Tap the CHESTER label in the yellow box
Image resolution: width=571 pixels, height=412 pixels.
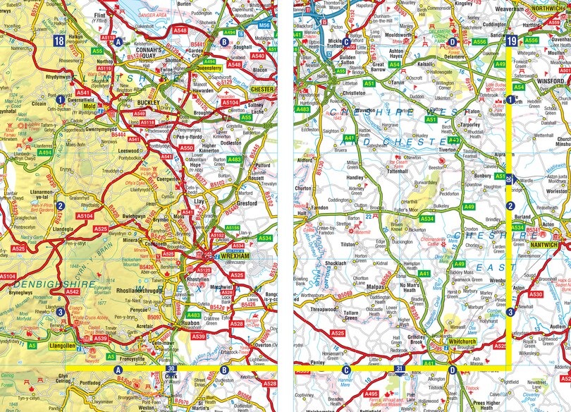(262, 90)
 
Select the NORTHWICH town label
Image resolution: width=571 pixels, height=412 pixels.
(549, 8)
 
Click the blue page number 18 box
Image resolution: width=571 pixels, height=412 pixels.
(59, 42)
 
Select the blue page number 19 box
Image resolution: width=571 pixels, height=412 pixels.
(511, 42)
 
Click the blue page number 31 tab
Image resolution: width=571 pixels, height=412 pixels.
(399, 369)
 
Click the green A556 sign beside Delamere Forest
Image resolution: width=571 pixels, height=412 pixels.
(480, 42)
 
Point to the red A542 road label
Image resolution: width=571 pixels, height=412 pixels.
(72, 291)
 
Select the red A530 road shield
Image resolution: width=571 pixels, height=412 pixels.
(536, 293)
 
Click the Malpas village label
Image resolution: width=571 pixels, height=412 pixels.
(373, 288)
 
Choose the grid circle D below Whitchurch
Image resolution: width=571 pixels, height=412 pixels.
(452, 369)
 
